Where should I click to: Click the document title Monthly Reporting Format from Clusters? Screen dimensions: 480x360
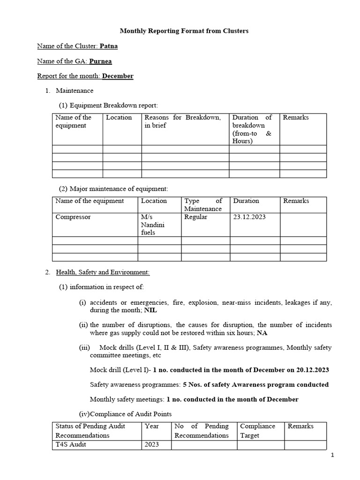coord(184,31)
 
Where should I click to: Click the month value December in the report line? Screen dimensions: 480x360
coord(118,76)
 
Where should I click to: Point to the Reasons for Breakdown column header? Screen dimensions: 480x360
coord(182,121)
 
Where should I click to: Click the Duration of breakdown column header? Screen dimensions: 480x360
coord(252,129)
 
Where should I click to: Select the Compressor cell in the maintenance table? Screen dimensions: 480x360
coord(73,217)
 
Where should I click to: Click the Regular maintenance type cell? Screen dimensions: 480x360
coord(196,217)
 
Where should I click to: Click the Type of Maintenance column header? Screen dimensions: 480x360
coord(203,204)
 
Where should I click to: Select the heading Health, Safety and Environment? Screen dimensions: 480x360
coord(103,272)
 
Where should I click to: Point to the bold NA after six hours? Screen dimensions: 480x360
coord(262,333)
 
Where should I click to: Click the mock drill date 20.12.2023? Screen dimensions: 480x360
coord(313,370)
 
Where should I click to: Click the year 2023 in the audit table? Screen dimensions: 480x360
coord(152,445)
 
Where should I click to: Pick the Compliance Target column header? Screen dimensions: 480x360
coord(257,430)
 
